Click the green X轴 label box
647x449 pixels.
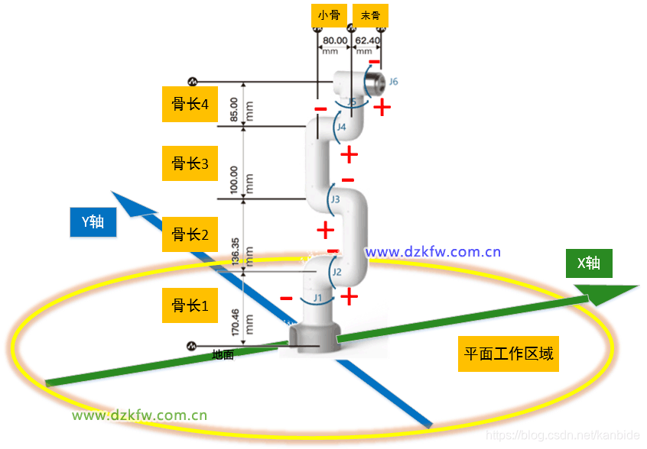pos(588,263)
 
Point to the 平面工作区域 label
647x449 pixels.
pos(509,354)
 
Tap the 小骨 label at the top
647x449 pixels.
pos(329,14)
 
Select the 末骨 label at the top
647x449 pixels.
pos(370,14)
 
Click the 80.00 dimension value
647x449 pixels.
pos(335,40)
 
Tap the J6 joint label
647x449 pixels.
pos(393,80)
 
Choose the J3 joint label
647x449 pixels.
pos(335,199)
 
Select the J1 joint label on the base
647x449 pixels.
pos(317,297)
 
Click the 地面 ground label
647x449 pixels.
pos(223,355)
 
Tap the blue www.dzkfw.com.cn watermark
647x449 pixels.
pos(433,251)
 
